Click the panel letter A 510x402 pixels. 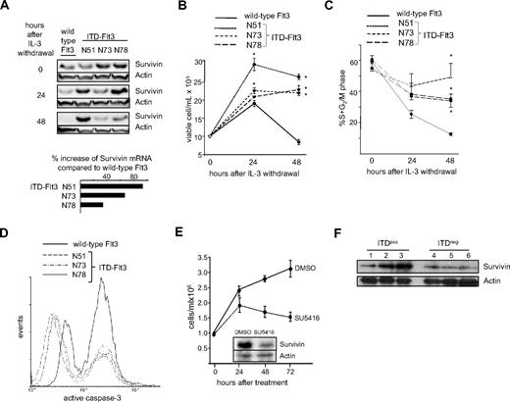pos(7,8)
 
